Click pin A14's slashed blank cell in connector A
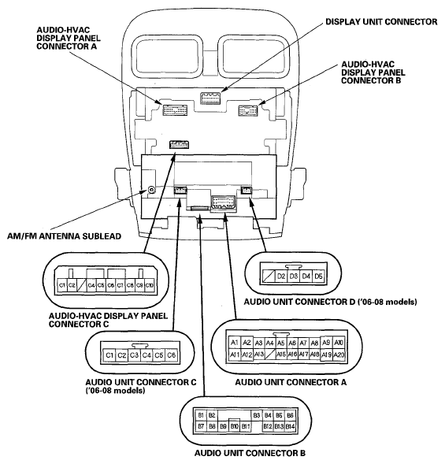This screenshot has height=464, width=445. (x=269, y=354)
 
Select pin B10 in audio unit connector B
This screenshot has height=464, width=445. (x=235, y=426)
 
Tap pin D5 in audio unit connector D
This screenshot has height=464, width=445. (x=318, y=277)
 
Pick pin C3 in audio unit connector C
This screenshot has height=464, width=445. (x=134, y=354)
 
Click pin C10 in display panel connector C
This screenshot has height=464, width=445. (x=150, y=285)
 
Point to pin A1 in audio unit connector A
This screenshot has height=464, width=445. (x=235, y=343)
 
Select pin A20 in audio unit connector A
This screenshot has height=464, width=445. (x=339, y=354)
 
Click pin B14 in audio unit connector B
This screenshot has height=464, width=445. (x=290, y=426)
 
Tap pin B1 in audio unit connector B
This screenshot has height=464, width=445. (x=201, y=415)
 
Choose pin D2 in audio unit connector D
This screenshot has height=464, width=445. (x=281, y=277)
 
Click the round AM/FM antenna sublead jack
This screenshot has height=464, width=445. (x=151, y=190)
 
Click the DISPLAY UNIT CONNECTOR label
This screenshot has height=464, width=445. (x=381, y=21)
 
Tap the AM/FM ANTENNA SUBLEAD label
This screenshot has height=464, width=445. (x=64, y=236)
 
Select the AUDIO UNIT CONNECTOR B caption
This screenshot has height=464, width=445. (x=250, y=453)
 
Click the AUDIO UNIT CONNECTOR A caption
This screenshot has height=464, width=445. (x=291, y=382)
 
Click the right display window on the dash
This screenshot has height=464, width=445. (x=254, y=56)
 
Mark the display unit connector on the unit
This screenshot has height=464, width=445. (x=210, y=98)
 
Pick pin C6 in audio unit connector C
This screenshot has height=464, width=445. (x=172, y=354)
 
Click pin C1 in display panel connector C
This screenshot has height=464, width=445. (x=62, y=285)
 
